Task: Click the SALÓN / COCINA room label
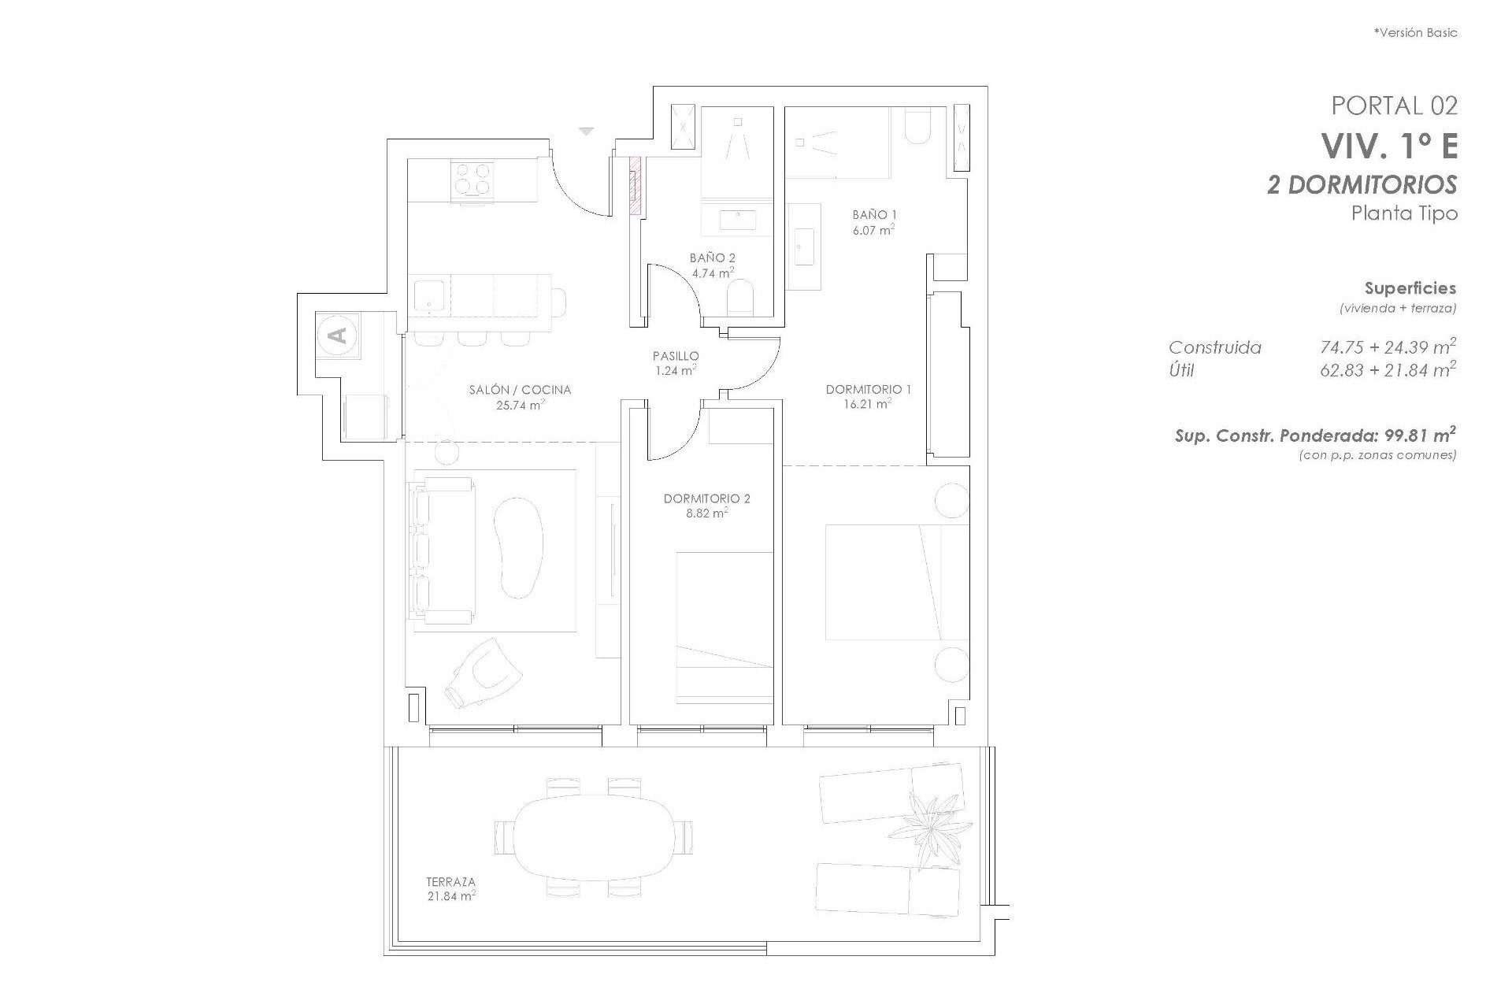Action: pyautogui.click(x=519, y=390)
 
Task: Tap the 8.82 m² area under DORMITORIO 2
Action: pyautogui.click(x=706, y=513)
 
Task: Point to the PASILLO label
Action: pyautogui.click(x=675, y=356)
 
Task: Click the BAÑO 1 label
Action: pyautogui.click(x=874, y=214)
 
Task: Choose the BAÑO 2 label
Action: pyautogui.click(x=712, y=258)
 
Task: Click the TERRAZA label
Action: pyautogui.click(x=450, y=882)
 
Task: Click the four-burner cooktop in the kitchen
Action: pyautogui.click(x=472, y=180)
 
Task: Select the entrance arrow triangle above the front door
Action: pyautogui.click(x=584, y=132)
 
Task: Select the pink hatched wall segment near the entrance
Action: pyautogui.click(x=635, y=186)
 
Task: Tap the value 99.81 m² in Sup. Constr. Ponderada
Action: pyautogui.click(x=1415, y=435)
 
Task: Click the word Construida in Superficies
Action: pyautogui.click(x=1214, y=347)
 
